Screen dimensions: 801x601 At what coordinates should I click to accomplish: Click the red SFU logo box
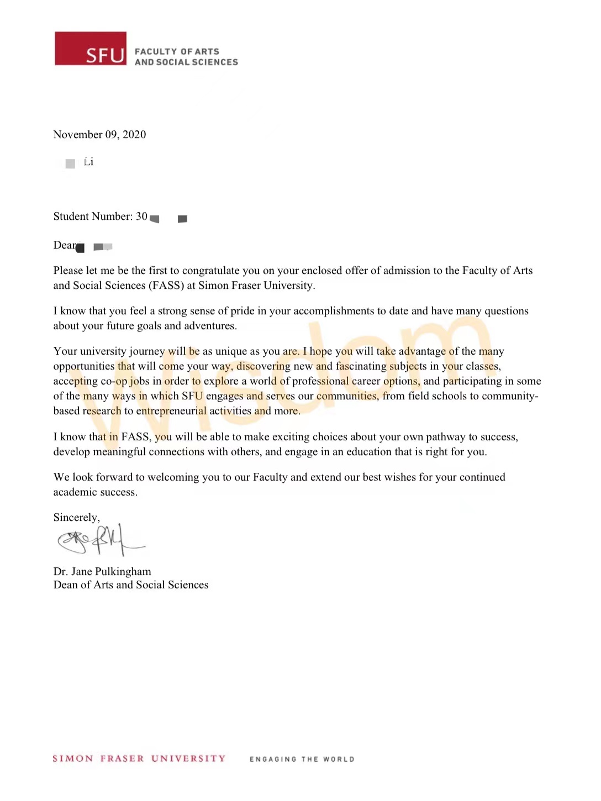91,49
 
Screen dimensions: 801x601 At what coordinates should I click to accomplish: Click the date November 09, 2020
99,135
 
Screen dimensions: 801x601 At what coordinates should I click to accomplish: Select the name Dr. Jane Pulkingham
102,572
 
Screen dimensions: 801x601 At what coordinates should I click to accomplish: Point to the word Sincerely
76,518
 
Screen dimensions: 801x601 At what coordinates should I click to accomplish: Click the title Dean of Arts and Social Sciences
131,585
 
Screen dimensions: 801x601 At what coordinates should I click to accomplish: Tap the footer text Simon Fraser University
139,758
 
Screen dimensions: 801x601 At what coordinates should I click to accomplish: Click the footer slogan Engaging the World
302,759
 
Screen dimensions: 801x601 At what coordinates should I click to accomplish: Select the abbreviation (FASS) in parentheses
166,286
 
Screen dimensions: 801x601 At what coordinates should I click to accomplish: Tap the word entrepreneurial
171,411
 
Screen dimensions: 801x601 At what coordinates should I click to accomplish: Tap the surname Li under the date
88,162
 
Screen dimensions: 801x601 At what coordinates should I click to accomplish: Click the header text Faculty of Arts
177,51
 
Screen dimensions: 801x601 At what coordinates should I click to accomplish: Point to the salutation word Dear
65,245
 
